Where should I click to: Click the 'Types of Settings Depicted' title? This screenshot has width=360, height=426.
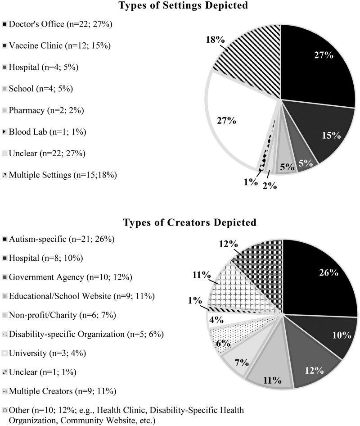tap(180, 6)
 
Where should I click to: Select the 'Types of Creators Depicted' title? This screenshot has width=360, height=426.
tap(180, 222)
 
